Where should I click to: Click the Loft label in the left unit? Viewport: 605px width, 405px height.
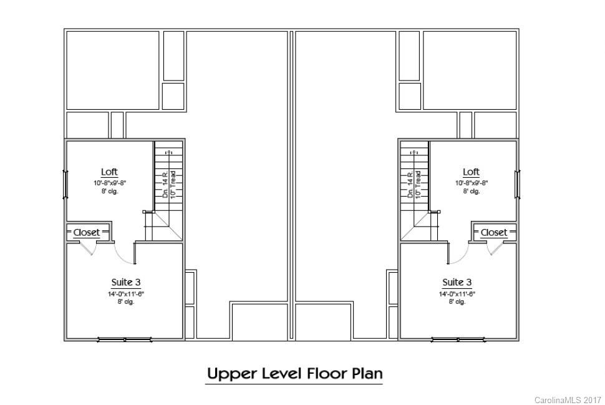click(109, 172)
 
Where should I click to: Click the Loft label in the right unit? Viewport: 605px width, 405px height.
click(471, 172)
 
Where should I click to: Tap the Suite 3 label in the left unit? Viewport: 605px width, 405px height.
click(125, 283)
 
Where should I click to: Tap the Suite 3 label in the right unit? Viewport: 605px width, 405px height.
click(457, 283)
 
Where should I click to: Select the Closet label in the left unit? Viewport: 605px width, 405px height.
click(86, 232)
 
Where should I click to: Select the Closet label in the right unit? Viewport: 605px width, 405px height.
click(494, 232)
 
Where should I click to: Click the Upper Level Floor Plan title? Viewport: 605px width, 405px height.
click(294, 374)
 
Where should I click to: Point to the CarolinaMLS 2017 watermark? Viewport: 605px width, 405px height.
click(568, 399)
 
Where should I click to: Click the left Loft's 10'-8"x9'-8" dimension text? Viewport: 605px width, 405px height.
click(109, 183)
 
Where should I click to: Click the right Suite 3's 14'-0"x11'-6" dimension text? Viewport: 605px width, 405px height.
click(457, 293)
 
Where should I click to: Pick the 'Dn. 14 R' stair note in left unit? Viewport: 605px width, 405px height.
click(165, 185)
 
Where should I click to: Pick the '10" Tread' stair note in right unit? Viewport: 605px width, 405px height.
click(418, 185)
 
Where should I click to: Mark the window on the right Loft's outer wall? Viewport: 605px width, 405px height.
click(517, 185)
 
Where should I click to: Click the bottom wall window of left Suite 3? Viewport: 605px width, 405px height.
click(125, 340)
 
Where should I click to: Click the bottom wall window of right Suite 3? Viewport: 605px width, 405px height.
click(458, 340)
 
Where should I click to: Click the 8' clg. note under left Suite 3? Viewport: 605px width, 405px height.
click(125, 301)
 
